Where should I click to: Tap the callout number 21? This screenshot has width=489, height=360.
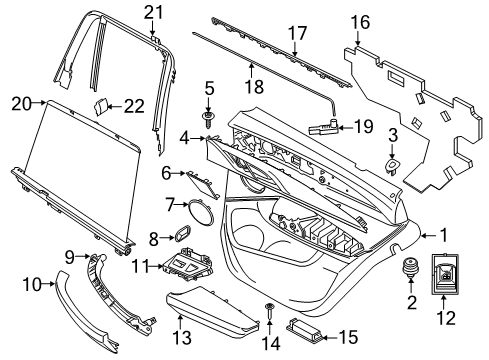click(x=152, y=12)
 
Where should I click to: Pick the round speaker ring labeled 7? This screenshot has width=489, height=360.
click(x=201, y=212)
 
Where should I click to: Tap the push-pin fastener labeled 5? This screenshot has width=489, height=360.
click(x=209, y=119)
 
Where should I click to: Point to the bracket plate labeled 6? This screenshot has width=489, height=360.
click(x=204, y=179)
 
